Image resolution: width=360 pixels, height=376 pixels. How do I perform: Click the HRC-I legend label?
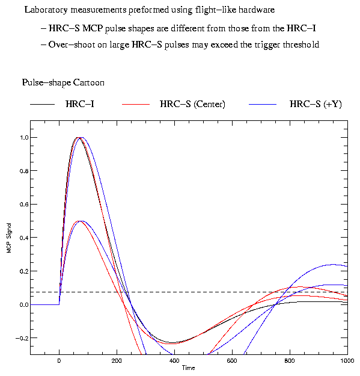80,104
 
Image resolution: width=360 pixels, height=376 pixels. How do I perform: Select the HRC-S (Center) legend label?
192,104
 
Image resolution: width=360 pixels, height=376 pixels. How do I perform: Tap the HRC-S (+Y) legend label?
316,104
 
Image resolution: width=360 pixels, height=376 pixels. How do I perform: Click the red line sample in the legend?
136,104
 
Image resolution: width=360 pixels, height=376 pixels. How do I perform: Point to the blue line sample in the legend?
263,104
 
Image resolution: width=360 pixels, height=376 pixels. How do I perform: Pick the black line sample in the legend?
43,104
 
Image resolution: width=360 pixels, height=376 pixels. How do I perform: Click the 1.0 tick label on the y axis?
24,137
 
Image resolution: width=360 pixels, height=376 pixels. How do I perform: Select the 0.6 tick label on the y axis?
24,205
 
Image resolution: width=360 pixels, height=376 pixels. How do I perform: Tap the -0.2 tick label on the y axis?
22,338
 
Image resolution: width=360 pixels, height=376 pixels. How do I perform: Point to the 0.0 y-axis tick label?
24,305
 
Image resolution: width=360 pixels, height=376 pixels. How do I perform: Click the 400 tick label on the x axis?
174,360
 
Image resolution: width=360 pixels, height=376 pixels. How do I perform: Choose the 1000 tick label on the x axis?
347,360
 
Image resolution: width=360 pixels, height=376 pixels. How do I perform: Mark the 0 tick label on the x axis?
59,360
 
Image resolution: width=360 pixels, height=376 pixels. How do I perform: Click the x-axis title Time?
189,368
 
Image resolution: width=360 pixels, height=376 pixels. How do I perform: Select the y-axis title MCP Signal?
9,238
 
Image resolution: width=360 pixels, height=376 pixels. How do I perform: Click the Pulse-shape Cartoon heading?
63,82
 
